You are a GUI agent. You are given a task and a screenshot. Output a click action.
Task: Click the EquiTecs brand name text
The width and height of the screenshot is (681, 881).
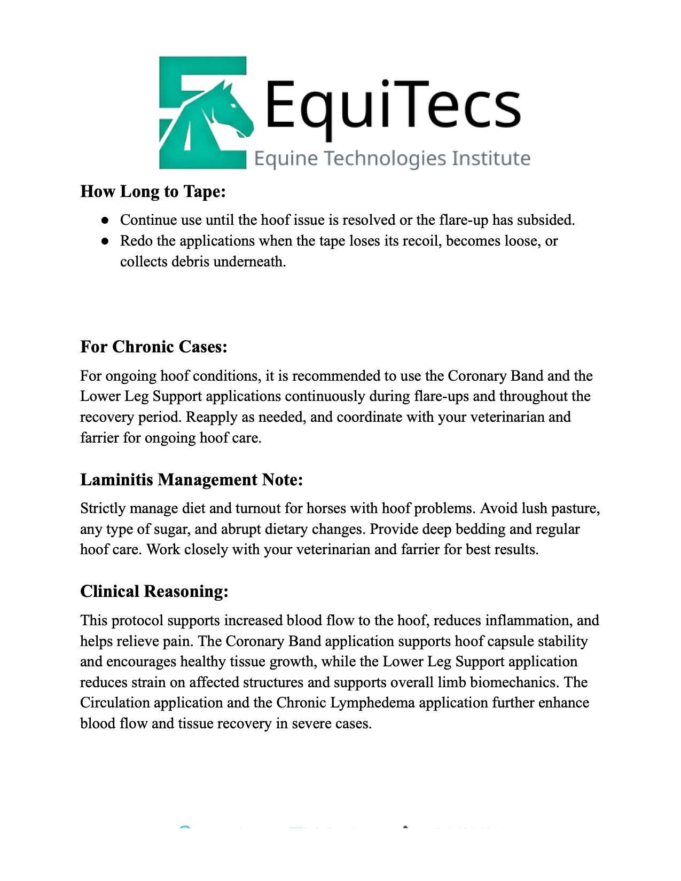coord(393,104)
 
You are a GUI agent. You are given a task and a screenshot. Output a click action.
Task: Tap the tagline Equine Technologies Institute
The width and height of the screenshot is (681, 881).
coord(392,159)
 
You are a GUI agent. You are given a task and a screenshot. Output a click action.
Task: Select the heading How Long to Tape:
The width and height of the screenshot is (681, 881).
coord(153,191)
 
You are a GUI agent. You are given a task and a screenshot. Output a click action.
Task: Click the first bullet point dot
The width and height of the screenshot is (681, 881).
coord(105,220)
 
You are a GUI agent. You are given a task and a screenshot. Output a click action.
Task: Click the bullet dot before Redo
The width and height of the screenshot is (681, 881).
coord(105,241)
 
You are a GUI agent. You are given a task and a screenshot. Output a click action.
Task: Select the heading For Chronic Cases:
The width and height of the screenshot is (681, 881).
coord(154,347)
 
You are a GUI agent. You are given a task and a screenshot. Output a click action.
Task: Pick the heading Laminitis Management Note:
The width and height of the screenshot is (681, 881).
coord(191,479)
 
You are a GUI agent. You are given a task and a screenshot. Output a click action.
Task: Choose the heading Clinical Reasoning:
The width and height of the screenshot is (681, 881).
coord(154,591)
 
